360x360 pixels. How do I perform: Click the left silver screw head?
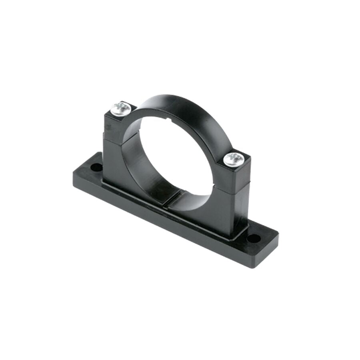pyautogui.click(x=121, y=108)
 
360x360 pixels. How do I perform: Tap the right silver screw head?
pyautogui.click(x=234, y=160)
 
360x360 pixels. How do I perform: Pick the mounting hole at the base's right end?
pyautogui.click(x=253, y=239)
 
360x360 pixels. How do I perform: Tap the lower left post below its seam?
pyautogui.click(x=114, y=160)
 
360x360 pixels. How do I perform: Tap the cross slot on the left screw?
pyautogui.click(x=121, y=108)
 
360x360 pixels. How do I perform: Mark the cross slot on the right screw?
pyautogui.click(x=234, y=159)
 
